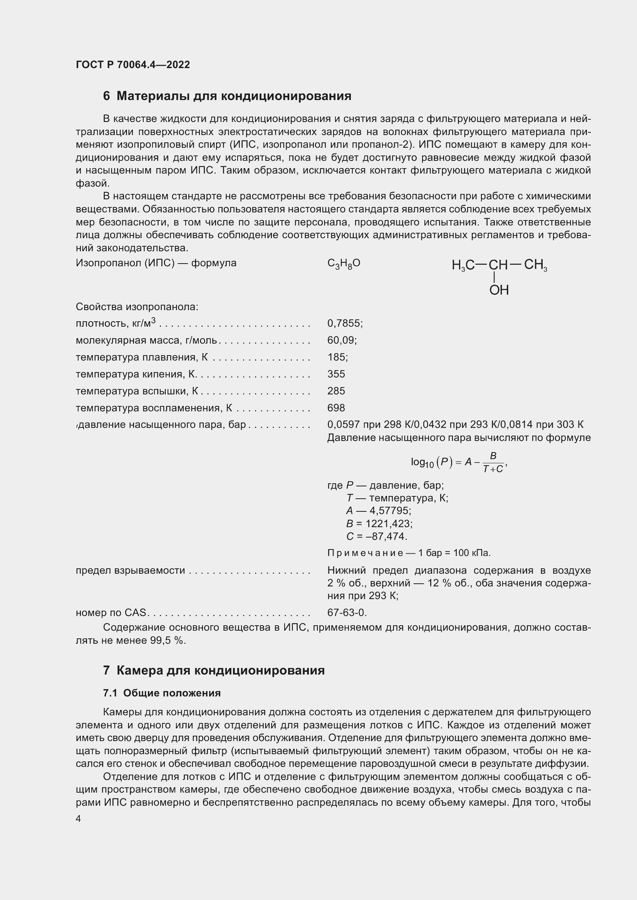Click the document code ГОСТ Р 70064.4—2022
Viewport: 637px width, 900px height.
coord(132,65)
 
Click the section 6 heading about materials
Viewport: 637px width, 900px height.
coord(227,96)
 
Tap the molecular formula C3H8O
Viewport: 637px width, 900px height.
coord(344,264)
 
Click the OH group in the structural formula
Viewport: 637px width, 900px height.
coord(499,290)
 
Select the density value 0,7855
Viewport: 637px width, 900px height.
coord(345,323)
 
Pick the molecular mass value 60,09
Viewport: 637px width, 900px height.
coord(342,340)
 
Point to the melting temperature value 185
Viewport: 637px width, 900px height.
coord(337,357)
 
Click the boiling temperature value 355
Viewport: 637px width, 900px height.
coord(336,374)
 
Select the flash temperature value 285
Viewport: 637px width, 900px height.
coord(336,391)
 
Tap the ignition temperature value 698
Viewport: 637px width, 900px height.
coord(336,407)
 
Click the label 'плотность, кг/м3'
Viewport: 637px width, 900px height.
coord(116,323)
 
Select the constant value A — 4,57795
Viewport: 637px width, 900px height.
coord(379,511)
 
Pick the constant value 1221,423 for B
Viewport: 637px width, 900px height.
coord(389,524)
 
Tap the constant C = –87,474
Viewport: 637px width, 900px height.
coord(377,536)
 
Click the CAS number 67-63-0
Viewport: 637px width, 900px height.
coord(347,612)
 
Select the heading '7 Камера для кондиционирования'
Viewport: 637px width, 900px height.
coord(214,670)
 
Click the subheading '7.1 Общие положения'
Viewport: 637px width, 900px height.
coord(162,693)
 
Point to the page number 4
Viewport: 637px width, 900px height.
coord(79,819)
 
